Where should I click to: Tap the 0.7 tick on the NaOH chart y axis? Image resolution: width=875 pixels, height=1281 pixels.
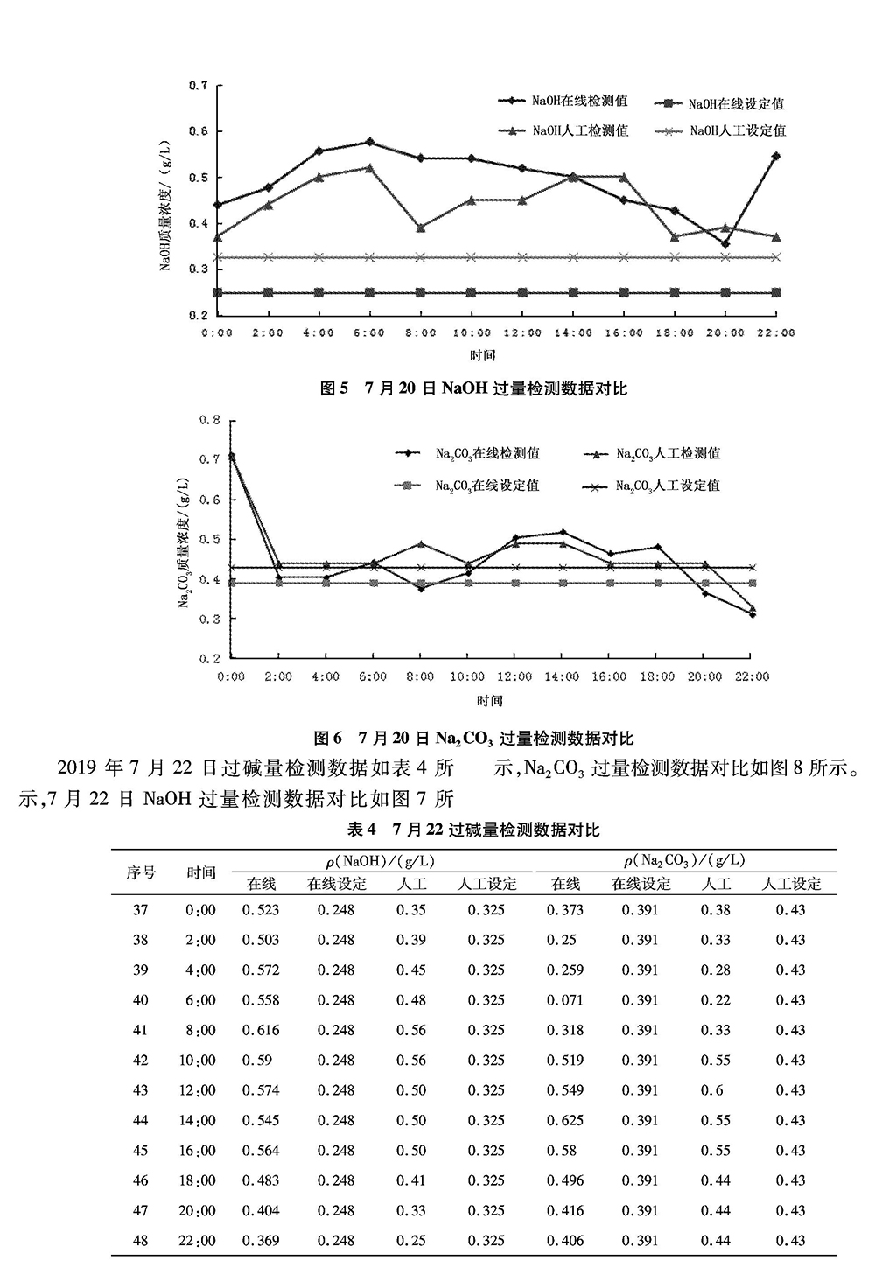click(199, 86)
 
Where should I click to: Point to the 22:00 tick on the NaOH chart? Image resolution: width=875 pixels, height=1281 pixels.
click(775, 333)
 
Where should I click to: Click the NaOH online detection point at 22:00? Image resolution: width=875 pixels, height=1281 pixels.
click(775, 156)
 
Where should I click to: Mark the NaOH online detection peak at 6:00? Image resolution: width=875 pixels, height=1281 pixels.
click(370, 142)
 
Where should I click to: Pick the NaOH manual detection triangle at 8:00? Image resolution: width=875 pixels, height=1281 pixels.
click(421, 227)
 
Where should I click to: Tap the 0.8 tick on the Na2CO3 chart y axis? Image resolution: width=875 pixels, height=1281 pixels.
click(209, 421)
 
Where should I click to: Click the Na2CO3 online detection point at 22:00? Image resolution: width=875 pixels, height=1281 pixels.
click(752, 614)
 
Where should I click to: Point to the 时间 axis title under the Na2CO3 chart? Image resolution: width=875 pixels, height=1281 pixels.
click(490, 701)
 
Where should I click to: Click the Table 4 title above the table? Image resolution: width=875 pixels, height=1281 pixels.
click(473, 829)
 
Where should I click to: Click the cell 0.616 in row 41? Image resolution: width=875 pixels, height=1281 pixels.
click(261, 1030)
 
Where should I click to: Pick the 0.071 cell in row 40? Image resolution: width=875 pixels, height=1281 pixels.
click(565, 1000)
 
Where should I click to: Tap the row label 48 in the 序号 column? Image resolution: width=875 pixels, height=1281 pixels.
click(140, 1241)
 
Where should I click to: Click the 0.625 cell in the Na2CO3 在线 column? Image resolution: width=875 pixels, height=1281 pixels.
click(565, 1120)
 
